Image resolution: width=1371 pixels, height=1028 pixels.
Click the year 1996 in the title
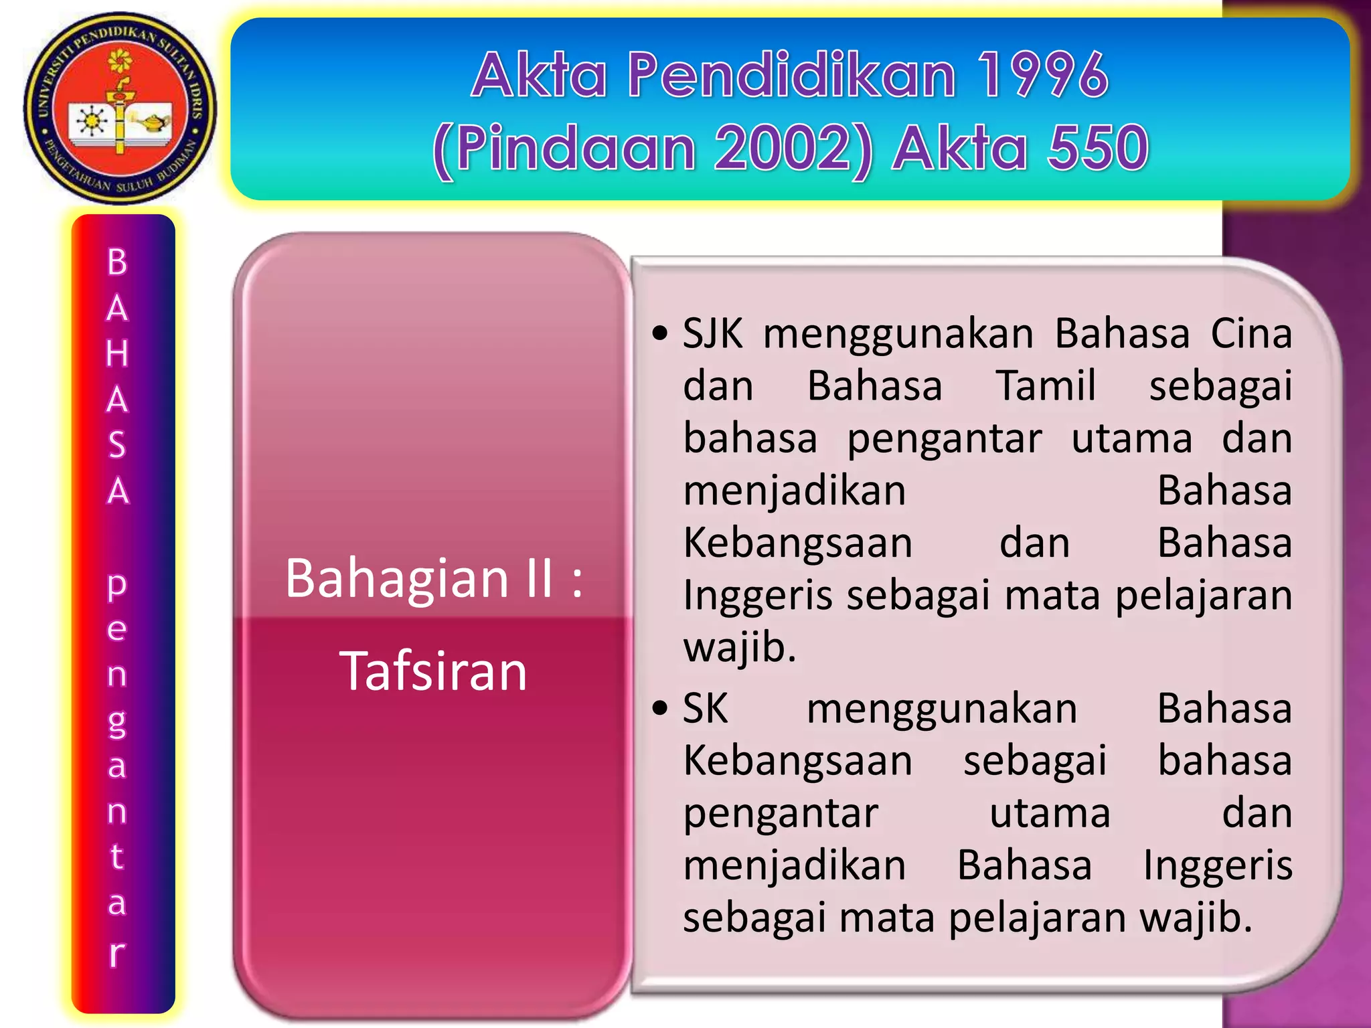1042,75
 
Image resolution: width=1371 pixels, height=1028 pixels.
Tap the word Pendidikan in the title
791,75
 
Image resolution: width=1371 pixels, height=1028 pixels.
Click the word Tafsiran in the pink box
434,671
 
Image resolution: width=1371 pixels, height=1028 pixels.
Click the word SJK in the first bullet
712,333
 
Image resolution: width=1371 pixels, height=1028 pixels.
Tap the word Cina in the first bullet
1251,333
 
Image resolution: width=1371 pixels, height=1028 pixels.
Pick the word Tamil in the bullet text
1046,386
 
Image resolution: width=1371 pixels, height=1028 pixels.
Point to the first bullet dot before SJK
660,333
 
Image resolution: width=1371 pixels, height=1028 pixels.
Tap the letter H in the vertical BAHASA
117,353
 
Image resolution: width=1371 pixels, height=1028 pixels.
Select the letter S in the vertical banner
117,445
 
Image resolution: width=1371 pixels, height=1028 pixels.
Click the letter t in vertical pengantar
117,855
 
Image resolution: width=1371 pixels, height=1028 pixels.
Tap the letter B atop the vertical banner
117,262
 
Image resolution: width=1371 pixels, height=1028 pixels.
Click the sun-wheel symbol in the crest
90,122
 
